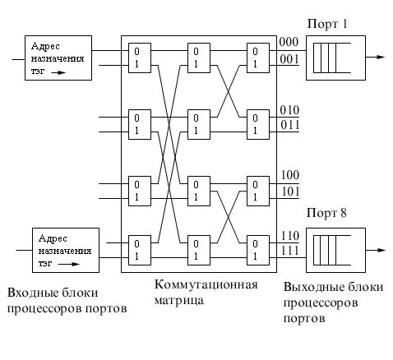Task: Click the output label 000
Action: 289,43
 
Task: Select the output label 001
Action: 289,59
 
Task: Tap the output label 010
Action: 289,110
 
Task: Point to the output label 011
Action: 289,125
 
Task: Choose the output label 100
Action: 290,175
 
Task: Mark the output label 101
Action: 290,192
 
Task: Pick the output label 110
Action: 290,236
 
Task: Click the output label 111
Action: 290,251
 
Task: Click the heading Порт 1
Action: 327,24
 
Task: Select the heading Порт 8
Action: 326,213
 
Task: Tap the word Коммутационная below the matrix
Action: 206,284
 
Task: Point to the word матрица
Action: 179,301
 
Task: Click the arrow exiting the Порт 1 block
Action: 376,58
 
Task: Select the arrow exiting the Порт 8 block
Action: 376,250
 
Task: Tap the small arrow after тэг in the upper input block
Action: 58,72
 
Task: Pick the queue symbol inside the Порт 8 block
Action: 332,250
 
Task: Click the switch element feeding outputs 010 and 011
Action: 258,125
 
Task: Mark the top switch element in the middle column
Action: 199,58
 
